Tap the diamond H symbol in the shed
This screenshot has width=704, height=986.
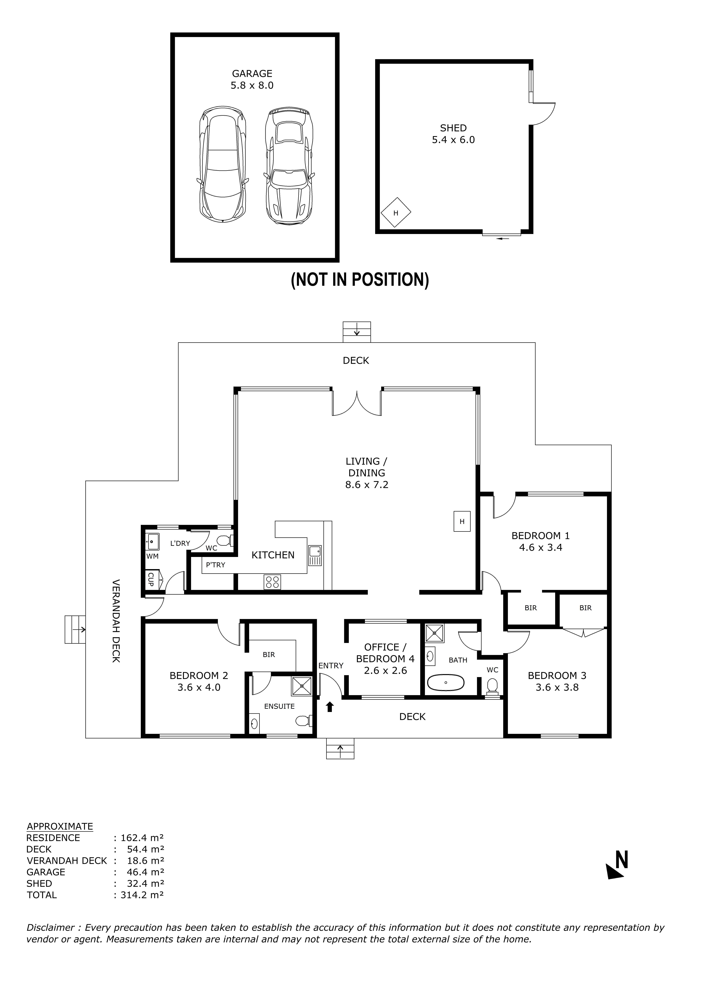coord(395,213)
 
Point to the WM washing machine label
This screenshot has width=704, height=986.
coord(152,556)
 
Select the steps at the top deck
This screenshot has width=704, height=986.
coord(357,332)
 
